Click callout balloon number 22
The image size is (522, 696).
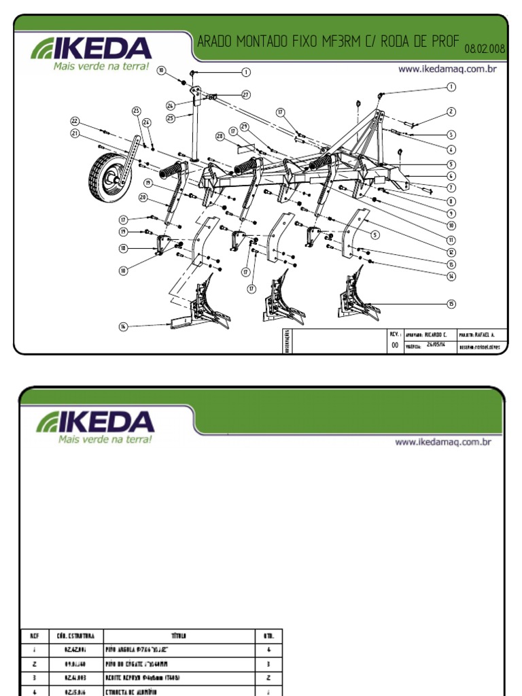point(75,121)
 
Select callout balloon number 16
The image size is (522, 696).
point(124,327)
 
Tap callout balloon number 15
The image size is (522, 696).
point(451,303)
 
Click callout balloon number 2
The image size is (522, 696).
point(451,111)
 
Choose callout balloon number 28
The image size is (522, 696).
point(220,137)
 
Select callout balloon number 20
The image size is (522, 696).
point(143,197)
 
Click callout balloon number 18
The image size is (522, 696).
point(124,249)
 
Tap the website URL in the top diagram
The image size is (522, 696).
point(444,69)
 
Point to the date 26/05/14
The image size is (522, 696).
point(436,344)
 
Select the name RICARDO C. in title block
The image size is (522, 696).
point(436,334)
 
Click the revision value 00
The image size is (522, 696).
point(394,345)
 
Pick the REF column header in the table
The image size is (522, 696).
point(34,636)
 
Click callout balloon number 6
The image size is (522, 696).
point(451,175)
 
